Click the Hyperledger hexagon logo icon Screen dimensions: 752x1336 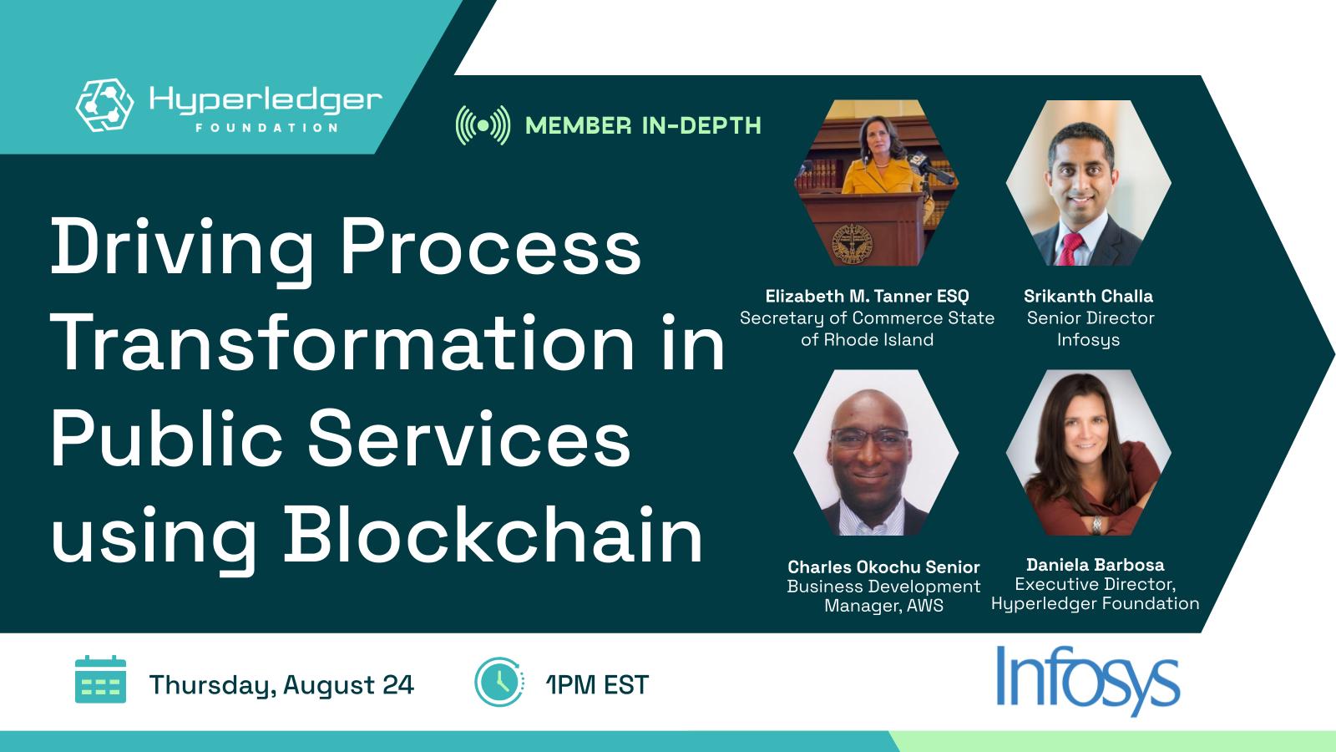coord(105,105)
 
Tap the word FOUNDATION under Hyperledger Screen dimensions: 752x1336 coord(266,128)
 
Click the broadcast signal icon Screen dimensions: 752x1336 coord(483,125)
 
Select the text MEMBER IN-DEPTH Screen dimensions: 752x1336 coord(643,125)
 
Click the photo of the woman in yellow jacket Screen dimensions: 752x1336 coord(875,182)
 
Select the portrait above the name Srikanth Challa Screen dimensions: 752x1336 coord(1088,182)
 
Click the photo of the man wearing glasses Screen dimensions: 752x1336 coord(875,453)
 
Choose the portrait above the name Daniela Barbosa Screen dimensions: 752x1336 coord(1088,453)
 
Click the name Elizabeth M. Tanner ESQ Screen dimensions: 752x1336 coord(867,296)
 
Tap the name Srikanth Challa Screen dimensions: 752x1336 coord(1088,296)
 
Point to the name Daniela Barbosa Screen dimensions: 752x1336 coord(1095,565)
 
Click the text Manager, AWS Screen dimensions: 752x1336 coord(883,606)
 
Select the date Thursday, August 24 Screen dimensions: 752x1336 coord(281,685)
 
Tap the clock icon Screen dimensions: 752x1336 coord(498,682)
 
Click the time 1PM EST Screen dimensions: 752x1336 coord(597,685)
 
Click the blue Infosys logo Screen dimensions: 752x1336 coord(1087,682)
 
